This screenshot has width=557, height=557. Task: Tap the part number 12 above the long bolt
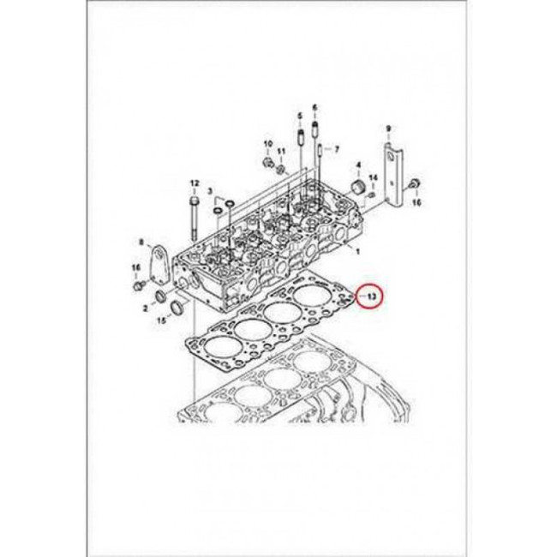tap(194, 183)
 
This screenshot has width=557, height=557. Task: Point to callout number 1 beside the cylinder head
tap(357, 252)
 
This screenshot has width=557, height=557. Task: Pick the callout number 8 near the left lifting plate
tap(141, 244)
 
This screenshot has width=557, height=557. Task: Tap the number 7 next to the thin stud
tap(336, 149)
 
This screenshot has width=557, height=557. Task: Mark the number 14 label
tap(373, 178)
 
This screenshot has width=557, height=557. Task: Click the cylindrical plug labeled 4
tap(353, 188)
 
